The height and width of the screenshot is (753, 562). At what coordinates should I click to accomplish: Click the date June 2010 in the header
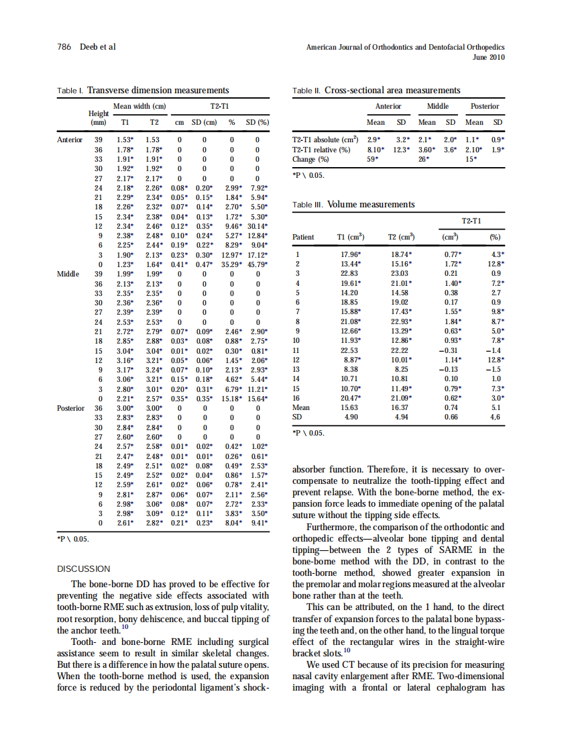488,58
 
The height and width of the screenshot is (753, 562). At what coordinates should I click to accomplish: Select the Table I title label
70,90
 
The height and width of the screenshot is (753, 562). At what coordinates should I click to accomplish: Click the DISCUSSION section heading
84,568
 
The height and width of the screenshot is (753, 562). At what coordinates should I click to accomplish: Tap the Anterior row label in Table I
70,140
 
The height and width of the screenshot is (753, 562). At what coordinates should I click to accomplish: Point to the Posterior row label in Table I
70,407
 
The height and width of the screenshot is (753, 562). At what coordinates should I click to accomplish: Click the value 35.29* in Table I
231,264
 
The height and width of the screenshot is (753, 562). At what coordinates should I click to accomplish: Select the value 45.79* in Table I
258,264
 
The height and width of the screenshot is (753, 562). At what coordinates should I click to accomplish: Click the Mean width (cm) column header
139,106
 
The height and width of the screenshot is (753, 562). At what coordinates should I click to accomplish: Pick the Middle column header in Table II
437,106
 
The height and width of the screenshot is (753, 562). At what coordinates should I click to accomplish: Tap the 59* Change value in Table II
372,159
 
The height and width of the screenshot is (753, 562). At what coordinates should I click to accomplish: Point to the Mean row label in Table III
301,407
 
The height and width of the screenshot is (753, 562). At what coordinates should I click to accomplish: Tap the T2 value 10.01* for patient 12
401,359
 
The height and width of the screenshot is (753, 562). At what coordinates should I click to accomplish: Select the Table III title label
309,205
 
